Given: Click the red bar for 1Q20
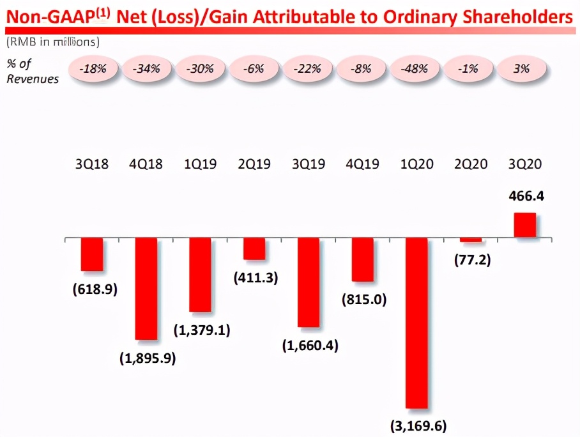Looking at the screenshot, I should click(416, 323).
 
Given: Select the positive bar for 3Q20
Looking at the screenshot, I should click(524, 225).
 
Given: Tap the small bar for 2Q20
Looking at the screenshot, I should click(471, 240).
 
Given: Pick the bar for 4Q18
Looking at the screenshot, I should click(146, 288).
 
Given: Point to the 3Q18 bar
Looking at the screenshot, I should click(92, 254).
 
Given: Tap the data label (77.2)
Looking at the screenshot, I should click(472, 260).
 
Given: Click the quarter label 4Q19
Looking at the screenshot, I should click(362, 164).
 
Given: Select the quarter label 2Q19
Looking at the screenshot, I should click(254, 164).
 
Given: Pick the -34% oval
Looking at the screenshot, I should click(146, 69).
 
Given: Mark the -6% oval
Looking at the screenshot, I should click(254, 69).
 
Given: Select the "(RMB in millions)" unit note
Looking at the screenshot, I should click(53, 42).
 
